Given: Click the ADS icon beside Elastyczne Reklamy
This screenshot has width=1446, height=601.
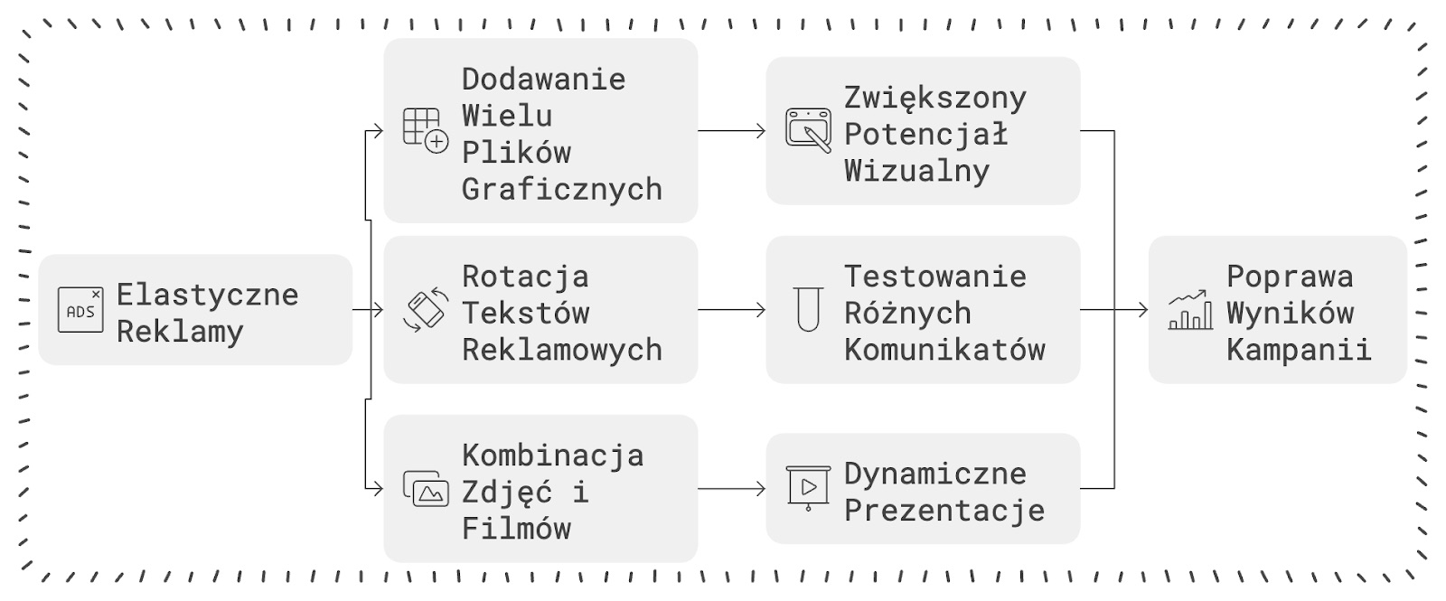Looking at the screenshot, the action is coord(80,310).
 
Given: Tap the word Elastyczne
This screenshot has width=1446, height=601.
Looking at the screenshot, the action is coord(207,295).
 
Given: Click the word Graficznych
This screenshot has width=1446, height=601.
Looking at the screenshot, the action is coord(562,190).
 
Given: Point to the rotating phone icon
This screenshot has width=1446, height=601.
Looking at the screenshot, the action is coord(426,310).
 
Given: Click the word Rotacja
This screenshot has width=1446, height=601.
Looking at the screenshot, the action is coord(525,277).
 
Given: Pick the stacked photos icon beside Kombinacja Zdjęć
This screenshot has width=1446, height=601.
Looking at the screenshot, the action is coord(426,489).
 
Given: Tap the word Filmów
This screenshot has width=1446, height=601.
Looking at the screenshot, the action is coord(516,529).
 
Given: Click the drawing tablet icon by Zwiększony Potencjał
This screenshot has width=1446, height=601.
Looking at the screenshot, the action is coord(808,130).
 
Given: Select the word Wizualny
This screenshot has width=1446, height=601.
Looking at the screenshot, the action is coord(916,172).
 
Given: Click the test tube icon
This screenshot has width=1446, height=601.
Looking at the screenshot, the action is coord(808,309).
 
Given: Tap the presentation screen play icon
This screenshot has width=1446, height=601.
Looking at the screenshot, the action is coord(808,489).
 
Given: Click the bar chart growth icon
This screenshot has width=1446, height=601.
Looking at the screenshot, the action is coord(1190,310).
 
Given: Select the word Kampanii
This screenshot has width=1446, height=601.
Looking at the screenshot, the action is coord(1299,350).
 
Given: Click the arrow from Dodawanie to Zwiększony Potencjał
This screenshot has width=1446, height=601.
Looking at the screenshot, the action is coord(732,131).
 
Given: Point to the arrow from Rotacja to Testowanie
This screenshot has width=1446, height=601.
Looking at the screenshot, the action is coord(732,310).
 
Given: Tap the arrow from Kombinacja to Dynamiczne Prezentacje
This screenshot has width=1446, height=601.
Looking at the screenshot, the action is coord(732,489).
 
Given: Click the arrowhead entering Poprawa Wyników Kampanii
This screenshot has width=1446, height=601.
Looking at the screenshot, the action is coord(1144,310).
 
